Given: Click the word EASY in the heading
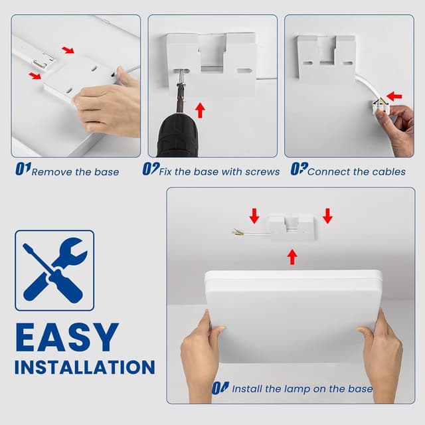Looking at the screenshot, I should coord(66,337).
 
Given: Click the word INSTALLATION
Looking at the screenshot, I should coord(84,367).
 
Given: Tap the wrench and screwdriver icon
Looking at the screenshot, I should coord(54,270).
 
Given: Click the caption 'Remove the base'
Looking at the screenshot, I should coord(75,172).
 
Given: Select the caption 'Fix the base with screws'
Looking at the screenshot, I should coord(219,172).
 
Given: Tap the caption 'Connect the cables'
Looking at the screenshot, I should coord(356,172).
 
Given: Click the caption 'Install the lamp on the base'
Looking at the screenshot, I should coord(301,389).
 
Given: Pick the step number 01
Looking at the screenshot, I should coord(22,170).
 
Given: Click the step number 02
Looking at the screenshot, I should coord(150,170).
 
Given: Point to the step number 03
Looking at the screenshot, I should coord(298,170).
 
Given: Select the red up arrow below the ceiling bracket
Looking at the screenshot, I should coord(292,257).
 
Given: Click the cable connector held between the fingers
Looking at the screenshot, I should coord(382,105).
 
